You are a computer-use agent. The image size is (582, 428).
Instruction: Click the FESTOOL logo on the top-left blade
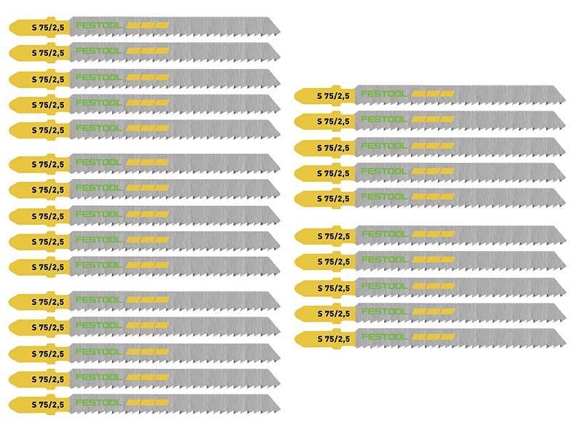point(99,25)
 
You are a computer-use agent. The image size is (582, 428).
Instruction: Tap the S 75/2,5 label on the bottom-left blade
point(48,404)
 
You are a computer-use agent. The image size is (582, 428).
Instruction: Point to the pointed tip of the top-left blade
point(279,33)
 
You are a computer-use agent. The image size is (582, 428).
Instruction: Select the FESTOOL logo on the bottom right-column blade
point(385,336)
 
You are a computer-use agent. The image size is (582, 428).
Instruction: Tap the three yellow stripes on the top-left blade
point(148,25)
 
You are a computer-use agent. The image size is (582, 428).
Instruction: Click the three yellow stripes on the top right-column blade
point(433,94)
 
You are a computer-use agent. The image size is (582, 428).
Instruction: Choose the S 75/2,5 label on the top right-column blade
point(333,96)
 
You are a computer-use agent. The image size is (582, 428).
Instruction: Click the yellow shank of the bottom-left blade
point(39,404)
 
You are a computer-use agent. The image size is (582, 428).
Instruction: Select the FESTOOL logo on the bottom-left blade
point(99,403)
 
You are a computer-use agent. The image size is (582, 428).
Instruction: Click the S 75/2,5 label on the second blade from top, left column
point(48,52)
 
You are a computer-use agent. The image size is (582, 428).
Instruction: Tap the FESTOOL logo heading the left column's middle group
point(99,162)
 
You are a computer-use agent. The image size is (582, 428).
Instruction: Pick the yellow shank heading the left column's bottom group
point(39,301)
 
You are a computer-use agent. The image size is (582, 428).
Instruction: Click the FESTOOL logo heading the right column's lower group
point(385,234)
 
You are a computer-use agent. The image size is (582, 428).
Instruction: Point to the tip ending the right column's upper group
point(565,204)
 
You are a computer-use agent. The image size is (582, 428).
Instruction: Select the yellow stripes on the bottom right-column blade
point(434,336)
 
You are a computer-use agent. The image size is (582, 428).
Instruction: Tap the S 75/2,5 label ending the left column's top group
point(48,130)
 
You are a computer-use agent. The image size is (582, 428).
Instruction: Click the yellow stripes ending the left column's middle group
point(148,265)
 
